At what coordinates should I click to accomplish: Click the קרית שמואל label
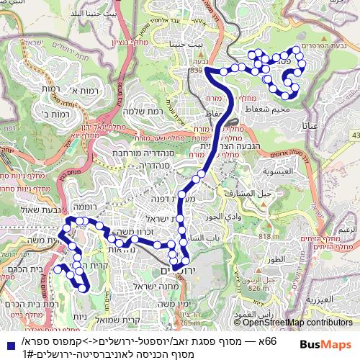(135, 319)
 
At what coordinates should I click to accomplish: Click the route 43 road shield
(355, 135)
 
